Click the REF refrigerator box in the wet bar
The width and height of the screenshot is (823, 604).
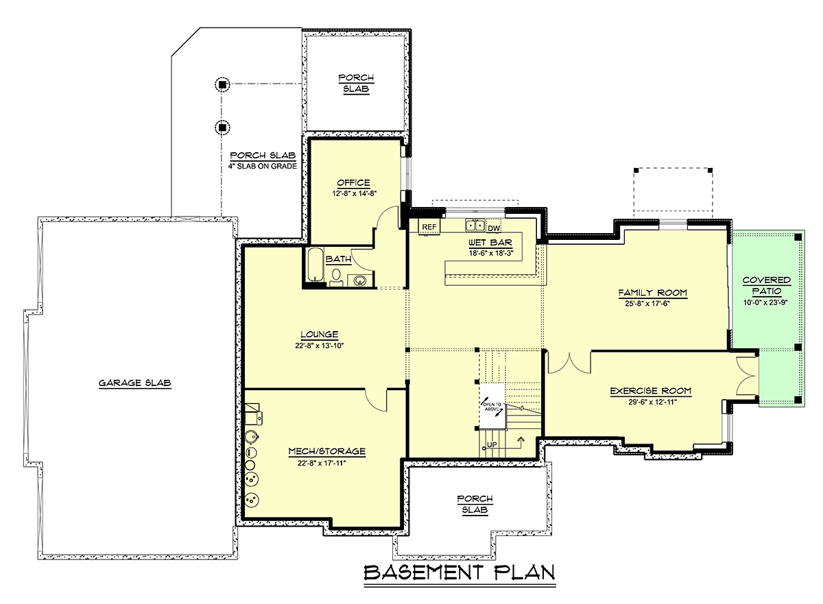pos(429,227)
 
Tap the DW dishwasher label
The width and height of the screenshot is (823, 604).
pos(494,228)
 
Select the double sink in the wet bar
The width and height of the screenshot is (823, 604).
pos(475,225)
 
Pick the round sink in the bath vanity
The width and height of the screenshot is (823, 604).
pos(359,281)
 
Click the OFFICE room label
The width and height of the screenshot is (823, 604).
pos(353,183)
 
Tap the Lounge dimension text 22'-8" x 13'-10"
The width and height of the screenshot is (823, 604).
pos(320,346)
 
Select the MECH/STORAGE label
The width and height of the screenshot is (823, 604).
pos(327,451)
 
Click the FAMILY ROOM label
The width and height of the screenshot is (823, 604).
pos(652,293)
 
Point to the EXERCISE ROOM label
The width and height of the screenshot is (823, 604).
pos(651,391)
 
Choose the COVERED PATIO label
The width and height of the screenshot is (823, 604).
pos(767,286)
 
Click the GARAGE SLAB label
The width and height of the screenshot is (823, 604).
pos(135,383)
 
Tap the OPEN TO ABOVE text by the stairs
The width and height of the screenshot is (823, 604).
pos(492,407)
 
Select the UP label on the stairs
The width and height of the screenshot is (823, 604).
pos(492,445)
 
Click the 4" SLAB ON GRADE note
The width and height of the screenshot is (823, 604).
pos(262,166)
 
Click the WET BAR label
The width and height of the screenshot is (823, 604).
pos(490,243)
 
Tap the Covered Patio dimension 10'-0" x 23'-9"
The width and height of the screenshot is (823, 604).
pos(765,303)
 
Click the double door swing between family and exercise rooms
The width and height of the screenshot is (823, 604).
pos(569,362)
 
